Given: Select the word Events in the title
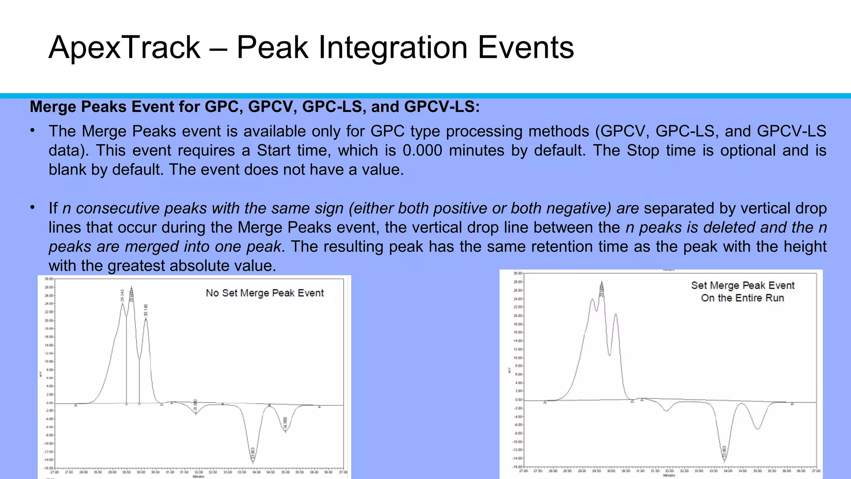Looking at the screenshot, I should click(x=526, y=47).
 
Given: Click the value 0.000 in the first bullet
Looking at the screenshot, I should click(x=422, y=151).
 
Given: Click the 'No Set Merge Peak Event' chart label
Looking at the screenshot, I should click(x=265, y=293).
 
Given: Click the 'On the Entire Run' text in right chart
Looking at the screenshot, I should click(x=742, y=298).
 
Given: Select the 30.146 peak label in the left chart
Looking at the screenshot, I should click(x=146, y=310).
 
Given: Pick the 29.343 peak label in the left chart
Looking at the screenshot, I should click(x=123, y=296).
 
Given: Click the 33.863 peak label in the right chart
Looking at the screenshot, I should click(x=724, y=452).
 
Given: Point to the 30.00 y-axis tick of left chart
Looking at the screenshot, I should click(x=49, y=279).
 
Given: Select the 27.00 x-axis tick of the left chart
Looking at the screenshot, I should click(x=54, y=472).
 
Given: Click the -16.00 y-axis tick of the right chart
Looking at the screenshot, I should click(x=517, y=467).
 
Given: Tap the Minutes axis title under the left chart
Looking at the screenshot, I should click(x=198, y=477).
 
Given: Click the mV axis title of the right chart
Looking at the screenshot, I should click(x=510, y=370).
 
